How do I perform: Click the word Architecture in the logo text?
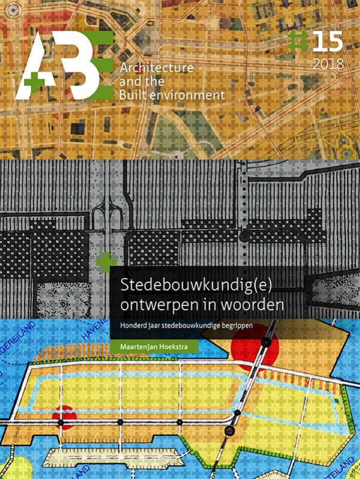(157, 68)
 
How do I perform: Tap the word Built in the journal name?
(135, 95)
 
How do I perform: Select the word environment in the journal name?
(189, 95)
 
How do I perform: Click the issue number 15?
(326, 43)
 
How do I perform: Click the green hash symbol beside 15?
(296, 42)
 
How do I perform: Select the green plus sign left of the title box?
(107, 262)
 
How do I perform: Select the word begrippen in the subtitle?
(246, 327)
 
